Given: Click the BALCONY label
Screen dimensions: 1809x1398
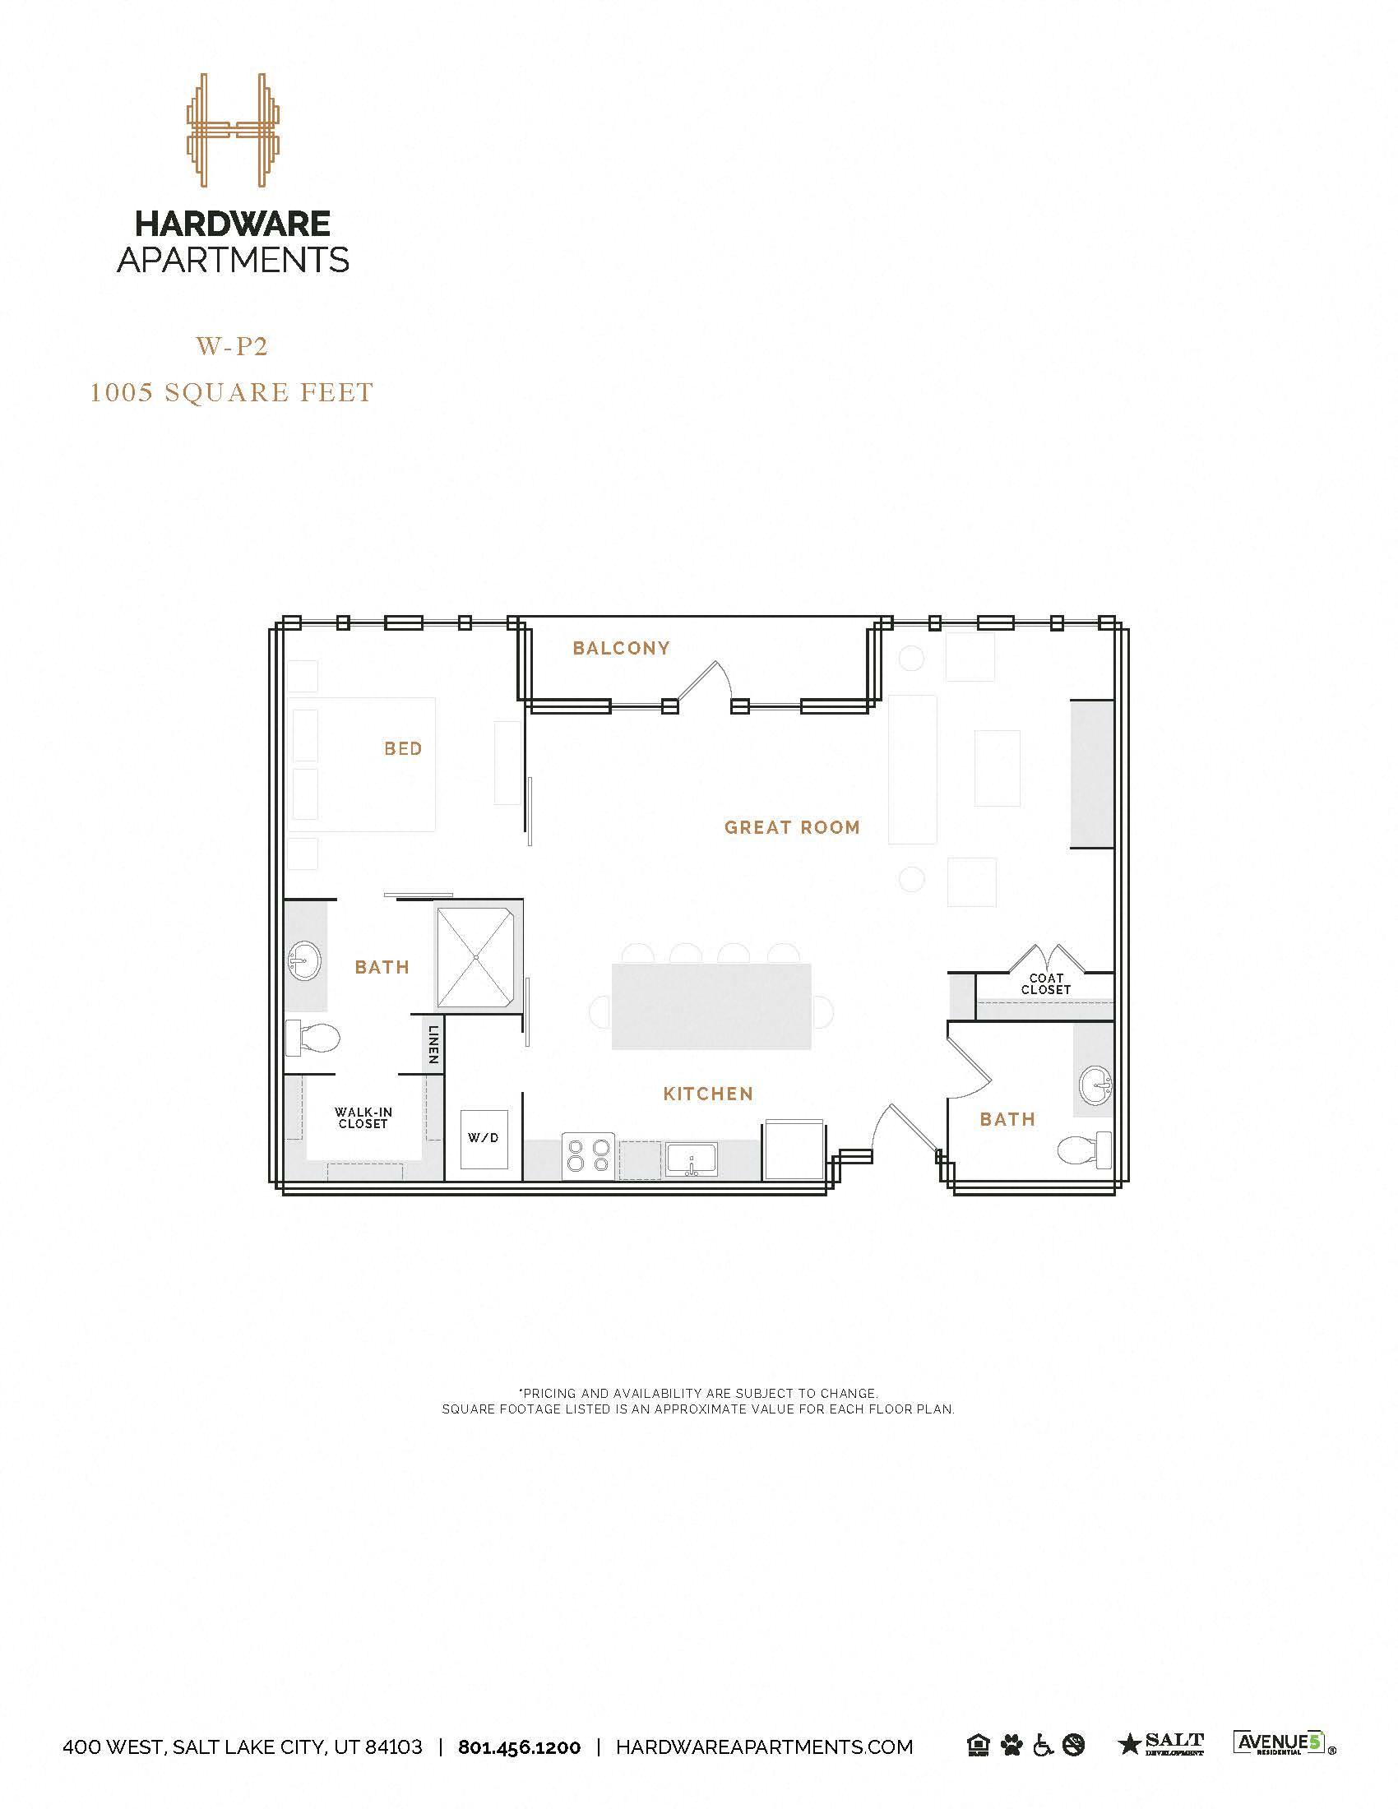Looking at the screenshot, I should pyautogui.click(x=621, y=648).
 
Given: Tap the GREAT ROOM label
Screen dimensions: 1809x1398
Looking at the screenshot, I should pyautogui.click(x=792, y=827).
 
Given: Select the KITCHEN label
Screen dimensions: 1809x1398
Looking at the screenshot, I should pyautogui.click(x=708, y=1094).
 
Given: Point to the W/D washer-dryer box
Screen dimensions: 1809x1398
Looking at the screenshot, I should pyautogui.click(x=484, y=1138).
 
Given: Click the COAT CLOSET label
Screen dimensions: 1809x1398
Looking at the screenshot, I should pyautogui.click(x=1045, y=984).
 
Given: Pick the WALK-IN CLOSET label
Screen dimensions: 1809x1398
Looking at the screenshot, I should pyautogui.click(x=363, y=1117).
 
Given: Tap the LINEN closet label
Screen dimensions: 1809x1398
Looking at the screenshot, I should pyautogui.click(x=433, y=1045).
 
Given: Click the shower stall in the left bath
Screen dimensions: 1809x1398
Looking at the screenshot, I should pyautogui.click(x=478, y=957).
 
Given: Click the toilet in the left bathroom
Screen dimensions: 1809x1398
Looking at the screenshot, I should pyautogui.click(x=313, y=1038).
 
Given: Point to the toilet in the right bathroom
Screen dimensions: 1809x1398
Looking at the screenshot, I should pyautogui.click(x=1086, y=1149).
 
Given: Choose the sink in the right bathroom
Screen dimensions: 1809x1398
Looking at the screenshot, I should pyautogui.click(x=1096, y=1083).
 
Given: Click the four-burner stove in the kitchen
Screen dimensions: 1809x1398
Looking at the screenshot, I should pyautogui.click(x=587, y=1155).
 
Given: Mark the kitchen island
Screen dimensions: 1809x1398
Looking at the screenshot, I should pyautogui.click(x=711, y=1006).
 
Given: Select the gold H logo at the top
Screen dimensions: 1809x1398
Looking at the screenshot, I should pyautogui.click(x=233, y=131).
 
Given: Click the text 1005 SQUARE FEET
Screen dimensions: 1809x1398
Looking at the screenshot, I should pyautogui.click(x=232, y=391).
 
